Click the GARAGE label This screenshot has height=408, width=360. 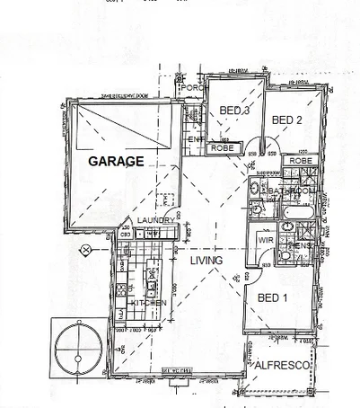pyautogui.click(x=116, y=162)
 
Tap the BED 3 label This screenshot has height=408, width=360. pyautogui.click(x=234, y=111)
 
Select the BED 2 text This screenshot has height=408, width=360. pyautogui.click(x=286, y=120)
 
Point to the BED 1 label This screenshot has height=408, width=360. pyautogui.click(x=272, y=297)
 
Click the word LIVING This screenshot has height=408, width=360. pyautogui.click(x=207, y=261)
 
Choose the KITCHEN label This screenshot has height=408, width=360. pyautogui.click(x=149, y=305)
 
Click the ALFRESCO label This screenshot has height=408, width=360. pyautogui.click(x=282, y=367)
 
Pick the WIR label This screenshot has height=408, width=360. pyautogui.click(x=266, y=241)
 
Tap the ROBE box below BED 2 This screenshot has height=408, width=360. pyautogui.click(x=300, y=161)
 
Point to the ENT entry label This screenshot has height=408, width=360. pyautogui.click(x=194, y=140)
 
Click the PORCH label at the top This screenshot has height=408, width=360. pyautogui.click(x=191, y=88)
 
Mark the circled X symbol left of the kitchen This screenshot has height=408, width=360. pyautogui.click(x=85, y=249)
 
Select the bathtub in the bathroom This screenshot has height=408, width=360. pyautogui.click(x=295, y=213)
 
